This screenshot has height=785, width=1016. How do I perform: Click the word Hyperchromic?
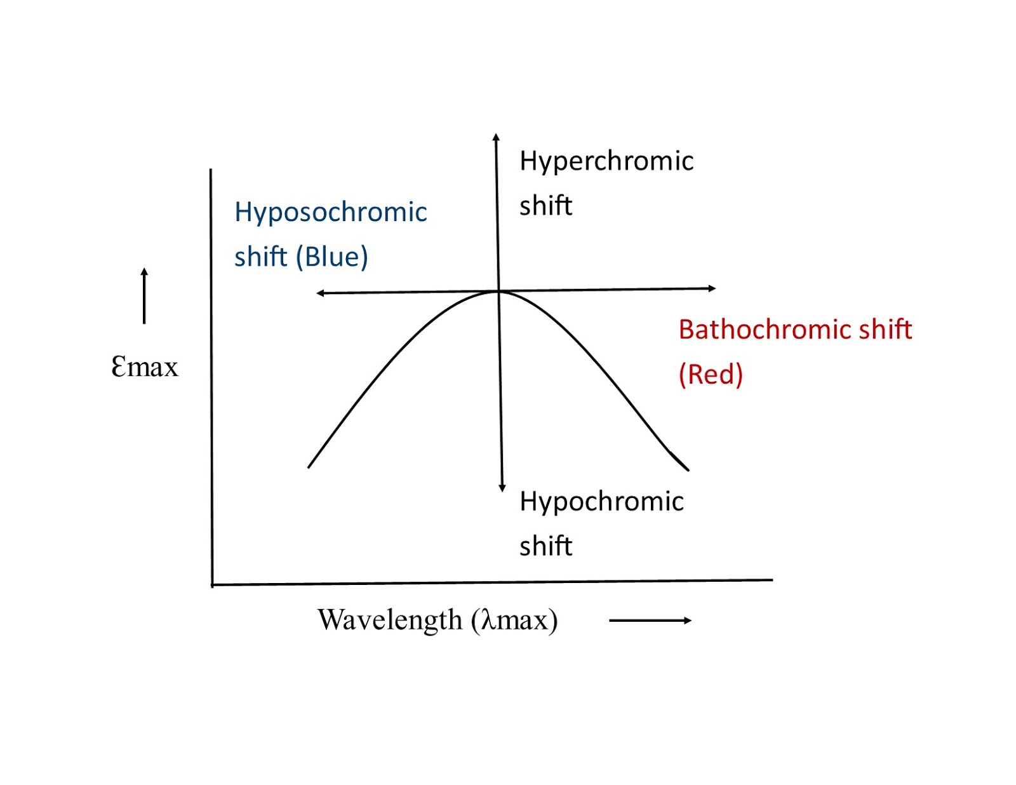606,161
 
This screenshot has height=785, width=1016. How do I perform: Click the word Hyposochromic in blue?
330,212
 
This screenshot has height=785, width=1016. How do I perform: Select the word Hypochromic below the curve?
601,502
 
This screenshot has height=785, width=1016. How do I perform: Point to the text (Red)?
711,374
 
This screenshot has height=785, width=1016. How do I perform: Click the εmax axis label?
145,366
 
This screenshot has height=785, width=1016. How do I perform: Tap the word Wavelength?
390,619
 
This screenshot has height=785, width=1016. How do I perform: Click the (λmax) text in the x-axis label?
514,619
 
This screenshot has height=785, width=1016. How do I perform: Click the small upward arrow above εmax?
144,295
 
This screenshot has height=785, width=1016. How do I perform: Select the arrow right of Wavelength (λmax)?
650,621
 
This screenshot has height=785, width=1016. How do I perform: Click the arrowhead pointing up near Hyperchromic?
496,137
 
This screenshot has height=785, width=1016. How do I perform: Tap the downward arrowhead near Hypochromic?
502,488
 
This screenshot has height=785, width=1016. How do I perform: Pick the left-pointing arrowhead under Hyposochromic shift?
320,293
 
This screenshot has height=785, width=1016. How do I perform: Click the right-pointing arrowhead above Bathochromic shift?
712,288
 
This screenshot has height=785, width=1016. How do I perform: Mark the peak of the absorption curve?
498,291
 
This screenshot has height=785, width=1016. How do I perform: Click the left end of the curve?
309,467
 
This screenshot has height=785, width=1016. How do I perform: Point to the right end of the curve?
688,470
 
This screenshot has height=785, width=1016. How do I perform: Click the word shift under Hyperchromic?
545,206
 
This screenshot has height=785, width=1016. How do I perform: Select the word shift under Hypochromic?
545,546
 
